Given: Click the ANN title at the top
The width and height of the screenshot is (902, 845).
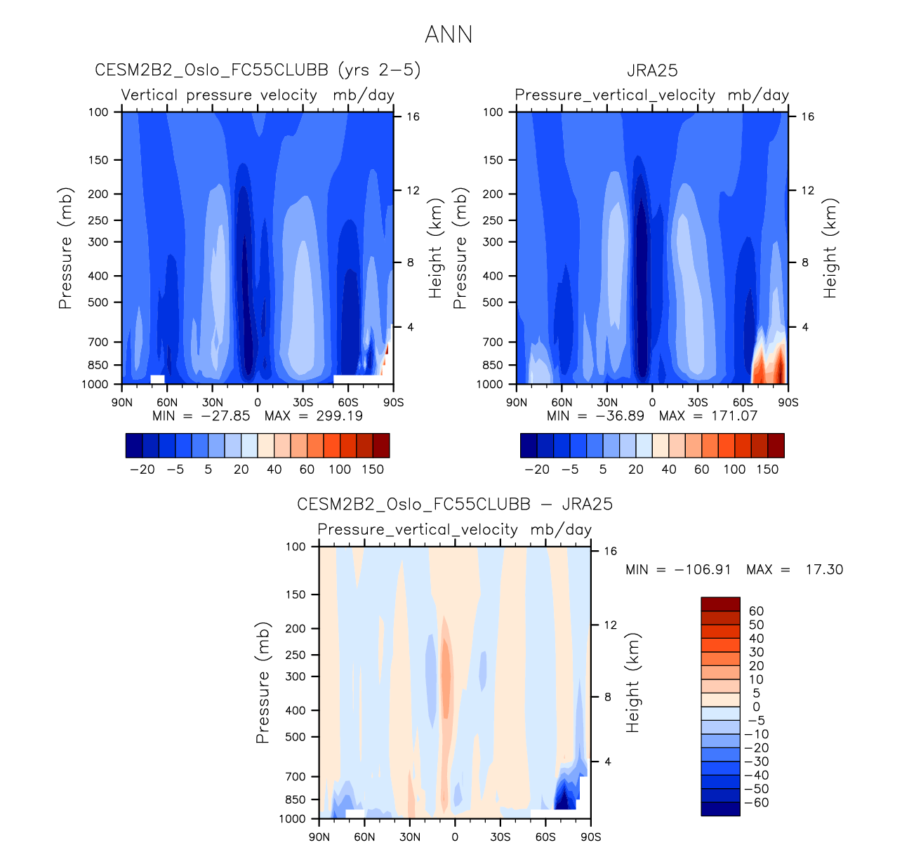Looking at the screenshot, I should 449,34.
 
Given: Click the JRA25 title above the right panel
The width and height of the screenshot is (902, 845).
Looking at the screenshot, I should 652,71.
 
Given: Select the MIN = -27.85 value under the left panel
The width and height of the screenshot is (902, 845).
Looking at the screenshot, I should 201,415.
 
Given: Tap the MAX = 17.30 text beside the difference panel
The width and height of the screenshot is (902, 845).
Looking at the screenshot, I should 795,570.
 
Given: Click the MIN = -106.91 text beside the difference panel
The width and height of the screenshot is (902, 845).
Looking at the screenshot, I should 678,570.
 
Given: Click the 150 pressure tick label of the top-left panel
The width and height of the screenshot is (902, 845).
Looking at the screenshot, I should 99,160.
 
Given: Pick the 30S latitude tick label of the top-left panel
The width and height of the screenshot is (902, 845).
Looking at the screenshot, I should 303,403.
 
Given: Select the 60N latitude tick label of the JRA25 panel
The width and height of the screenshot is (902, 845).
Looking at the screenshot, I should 562,403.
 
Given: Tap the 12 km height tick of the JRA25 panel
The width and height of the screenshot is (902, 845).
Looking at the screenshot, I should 808,190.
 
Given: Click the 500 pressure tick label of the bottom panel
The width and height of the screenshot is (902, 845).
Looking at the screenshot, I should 296,737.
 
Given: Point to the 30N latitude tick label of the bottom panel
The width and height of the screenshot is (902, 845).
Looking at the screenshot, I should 410,837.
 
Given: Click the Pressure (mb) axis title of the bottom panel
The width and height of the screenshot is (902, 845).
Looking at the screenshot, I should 263,682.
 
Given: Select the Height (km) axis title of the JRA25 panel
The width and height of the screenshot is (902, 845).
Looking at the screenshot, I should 830,248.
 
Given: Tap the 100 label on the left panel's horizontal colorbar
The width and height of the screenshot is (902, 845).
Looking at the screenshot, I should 340,470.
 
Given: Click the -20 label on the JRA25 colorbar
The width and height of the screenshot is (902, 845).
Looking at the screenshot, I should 537,470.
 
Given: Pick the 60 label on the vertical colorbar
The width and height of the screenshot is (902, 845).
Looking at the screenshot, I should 756,611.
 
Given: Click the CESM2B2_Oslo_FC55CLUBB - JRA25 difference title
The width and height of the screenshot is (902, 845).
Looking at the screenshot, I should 455,505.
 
